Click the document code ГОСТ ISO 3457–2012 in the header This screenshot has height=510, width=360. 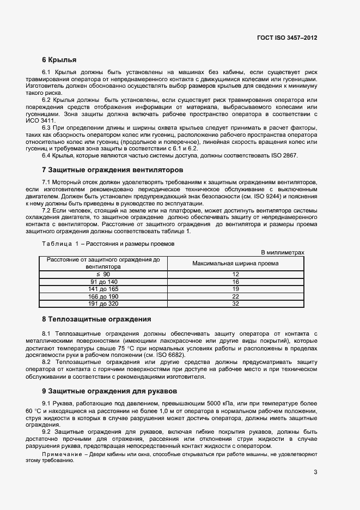coord(286,38)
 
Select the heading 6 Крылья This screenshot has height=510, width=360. coord(59,59)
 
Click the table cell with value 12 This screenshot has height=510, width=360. coord(236,274)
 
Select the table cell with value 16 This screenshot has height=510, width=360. coord(236,282)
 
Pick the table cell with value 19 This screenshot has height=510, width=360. coord(236,289)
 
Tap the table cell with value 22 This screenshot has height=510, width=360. coord(236,296)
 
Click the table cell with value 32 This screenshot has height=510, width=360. coord(236,303)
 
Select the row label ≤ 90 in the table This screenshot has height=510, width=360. coord(103,274)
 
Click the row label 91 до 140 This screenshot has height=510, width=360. coord(103,282)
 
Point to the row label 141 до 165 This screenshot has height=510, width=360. coord(103,289)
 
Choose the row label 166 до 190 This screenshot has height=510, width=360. coord(103,296)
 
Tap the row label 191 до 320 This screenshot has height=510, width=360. coord(103,303)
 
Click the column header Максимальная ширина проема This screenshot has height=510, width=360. coord(236,263)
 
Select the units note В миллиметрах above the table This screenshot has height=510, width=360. coord(283,252)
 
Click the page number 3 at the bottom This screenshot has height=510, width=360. coord(315,472)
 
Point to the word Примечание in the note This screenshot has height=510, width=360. coord(61,454)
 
